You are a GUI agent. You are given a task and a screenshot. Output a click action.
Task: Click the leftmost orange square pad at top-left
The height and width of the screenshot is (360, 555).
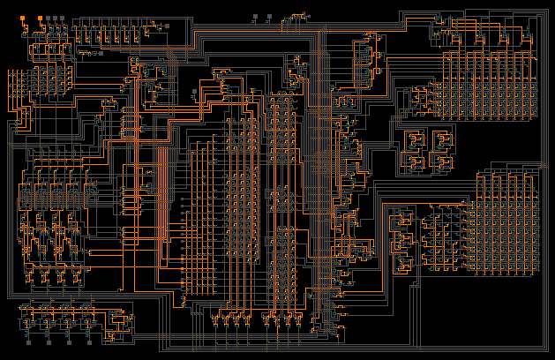(23, 18)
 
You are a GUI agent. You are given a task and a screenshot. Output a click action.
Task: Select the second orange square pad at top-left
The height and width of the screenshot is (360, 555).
(39, 18)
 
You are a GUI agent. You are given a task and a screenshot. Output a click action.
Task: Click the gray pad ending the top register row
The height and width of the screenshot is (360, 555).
(166, 26)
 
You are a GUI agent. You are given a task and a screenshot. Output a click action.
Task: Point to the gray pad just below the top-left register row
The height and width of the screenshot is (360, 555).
(100, 53)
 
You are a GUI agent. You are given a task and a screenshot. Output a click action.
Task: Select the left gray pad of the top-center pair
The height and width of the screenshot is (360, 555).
(256, 17)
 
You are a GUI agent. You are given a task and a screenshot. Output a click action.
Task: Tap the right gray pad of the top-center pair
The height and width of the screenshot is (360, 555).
(270, 17)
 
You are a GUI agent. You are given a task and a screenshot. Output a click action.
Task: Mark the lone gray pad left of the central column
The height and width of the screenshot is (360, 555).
(195, 92)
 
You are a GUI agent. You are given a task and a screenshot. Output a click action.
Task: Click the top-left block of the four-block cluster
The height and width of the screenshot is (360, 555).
(413, 139)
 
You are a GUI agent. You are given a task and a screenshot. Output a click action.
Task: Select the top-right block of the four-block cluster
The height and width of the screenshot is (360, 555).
(440, 139)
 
